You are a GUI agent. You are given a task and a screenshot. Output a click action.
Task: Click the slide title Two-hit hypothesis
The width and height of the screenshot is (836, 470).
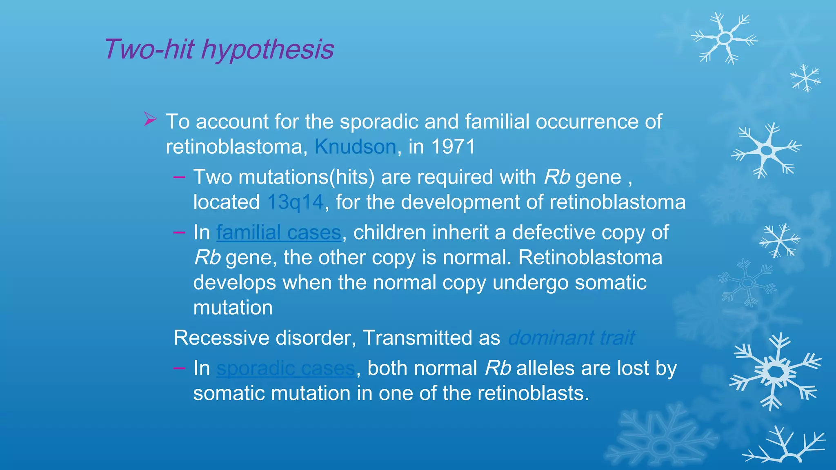click(219, 49)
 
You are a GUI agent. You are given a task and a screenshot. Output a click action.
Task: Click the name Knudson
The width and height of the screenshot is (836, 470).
click(355, 146)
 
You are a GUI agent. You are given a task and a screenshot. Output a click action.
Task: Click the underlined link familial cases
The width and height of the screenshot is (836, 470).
click(278, 233)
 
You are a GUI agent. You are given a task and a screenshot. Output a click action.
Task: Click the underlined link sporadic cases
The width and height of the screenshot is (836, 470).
click(285, 368)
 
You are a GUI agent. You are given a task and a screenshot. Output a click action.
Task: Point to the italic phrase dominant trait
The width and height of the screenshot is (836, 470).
click(571, 338)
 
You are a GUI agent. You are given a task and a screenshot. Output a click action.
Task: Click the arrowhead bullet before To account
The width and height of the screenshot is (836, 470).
click(150, 120)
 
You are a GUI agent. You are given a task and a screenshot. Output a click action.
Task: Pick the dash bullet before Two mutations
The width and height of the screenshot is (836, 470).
click(179, 177)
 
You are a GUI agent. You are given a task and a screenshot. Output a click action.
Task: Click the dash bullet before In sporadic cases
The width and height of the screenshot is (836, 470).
click(179, 368)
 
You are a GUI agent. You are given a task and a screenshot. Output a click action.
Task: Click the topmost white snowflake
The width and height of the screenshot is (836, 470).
click(725, 38)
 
